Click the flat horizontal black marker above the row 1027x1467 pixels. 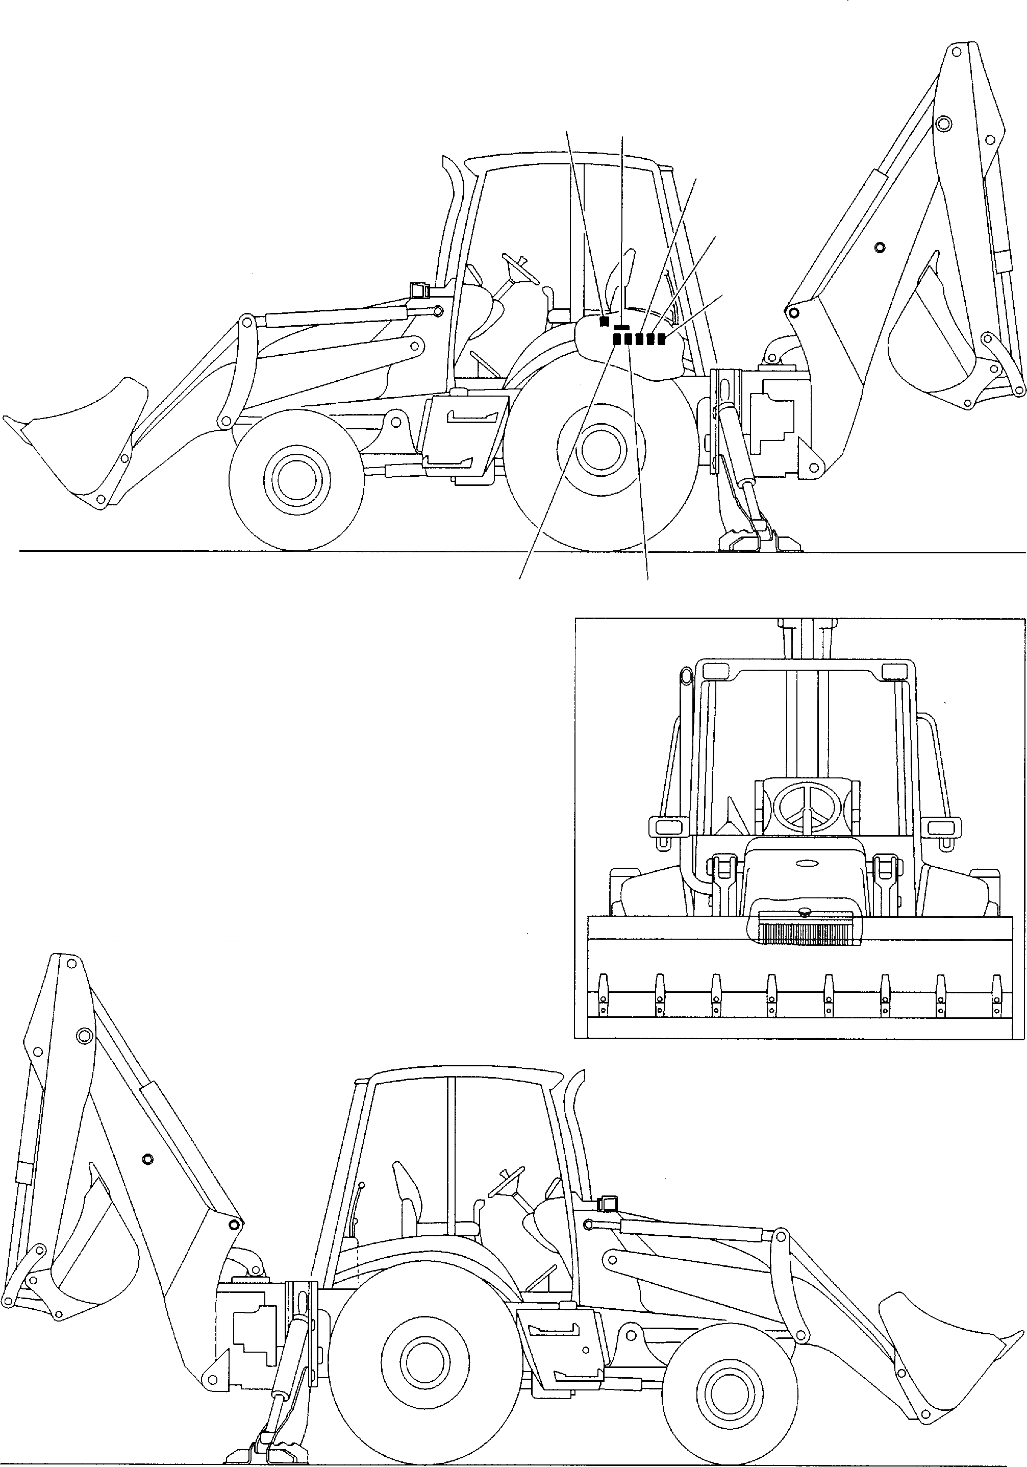(x=621, y=327)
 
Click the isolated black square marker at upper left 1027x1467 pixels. (x=604, y=321)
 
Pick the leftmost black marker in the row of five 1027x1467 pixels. (x=617, y=339)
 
